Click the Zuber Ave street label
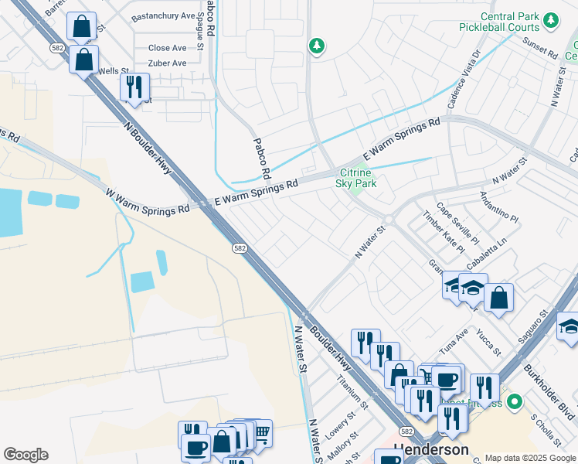tap(167, 63)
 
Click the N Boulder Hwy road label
tap(148, 148)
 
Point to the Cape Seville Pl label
tap(457, 222)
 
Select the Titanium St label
tap(352, 389)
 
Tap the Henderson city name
tap(431, 449)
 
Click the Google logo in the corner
tap(25, 454)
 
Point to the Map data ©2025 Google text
tap(529, 458)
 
